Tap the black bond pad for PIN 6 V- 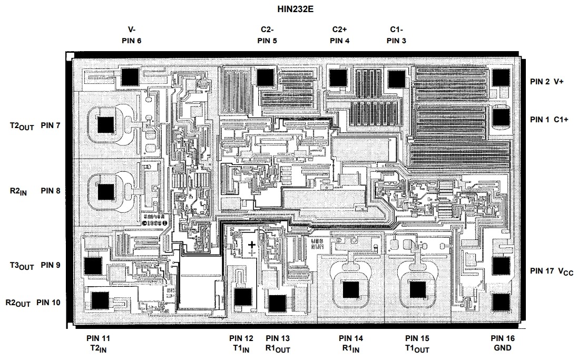click(129, 77)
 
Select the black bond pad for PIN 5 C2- click(264, 77)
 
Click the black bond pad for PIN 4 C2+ click(338, 77)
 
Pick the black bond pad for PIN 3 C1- click(395, 78)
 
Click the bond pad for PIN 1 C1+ click(501, 116)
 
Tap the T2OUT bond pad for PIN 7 click(106, 125)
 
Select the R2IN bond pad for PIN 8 click(106, 191)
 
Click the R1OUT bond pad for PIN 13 click(277, 303)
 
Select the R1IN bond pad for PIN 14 click(350, 290)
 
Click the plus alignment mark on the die click(252, 245)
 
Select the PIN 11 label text click(99, 338)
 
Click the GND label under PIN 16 click(503, 348)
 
